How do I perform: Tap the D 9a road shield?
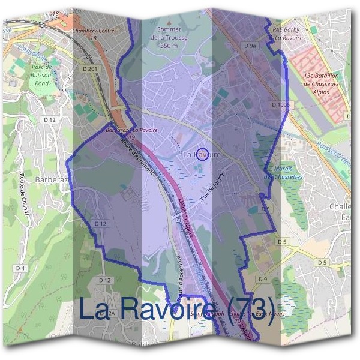[250, 46]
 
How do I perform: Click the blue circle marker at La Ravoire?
[203, 155]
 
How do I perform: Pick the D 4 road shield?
[21, 268]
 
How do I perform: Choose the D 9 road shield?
[263, 280]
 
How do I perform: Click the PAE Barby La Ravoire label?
[286, 32]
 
